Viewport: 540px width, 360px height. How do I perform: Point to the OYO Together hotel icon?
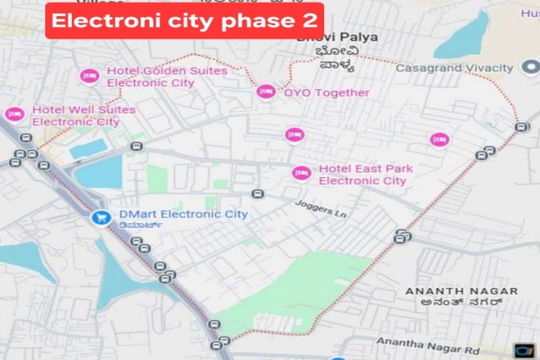[266, 92]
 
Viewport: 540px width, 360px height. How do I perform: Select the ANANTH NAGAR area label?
[462, 292]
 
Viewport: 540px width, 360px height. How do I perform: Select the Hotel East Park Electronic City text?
[363, 175]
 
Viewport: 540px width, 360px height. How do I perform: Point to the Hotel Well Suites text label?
[83, 115]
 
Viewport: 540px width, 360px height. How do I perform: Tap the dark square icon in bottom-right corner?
[524, 350]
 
